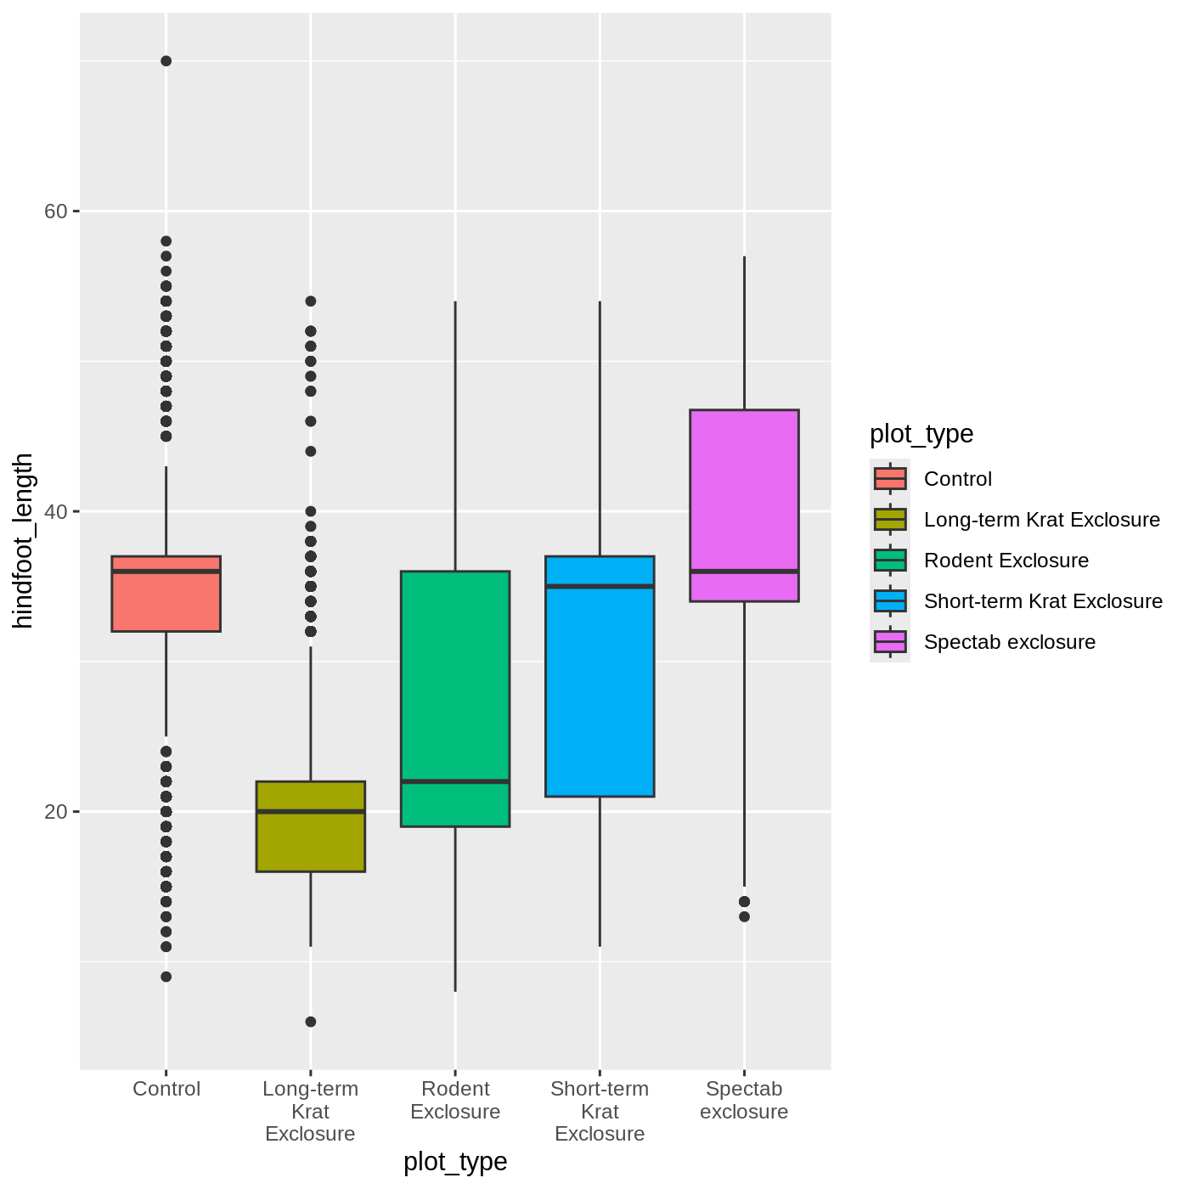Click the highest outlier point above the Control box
(x=166, y=60)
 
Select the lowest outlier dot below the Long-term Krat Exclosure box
(x=310, y=1022)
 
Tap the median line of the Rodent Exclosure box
(x=455, y=781)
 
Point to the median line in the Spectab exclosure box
(x=744, y=572)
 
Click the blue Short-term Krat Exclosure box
(x=600, y=676)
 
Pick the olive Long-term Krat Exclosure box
(x=310, y=827)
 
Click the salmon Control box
(x=166, y=594)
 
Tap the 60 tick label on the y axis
(x=55, y=211)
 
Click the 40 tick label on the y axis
(x=55, y=511)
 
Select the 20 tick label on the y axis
(x=55, y=811)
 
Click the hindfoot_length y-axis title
(x=23, y=541)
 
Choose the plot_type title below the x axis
(x=455, y=1162)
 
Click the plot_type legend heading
(x=921, y=434)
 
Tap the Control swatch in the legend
(x=890, y=479)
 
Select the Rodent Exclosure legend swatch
(x=890, y=561)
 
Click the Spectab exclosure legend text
(x=1010, y=642)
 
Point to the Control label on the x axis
(x=166, y=1089)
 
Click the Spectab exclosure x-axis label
(x=744, y=1100)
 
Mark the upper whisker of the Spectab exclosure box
(x=744, y=333)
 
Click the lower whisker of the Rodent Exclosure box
(x=455, y=910)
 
